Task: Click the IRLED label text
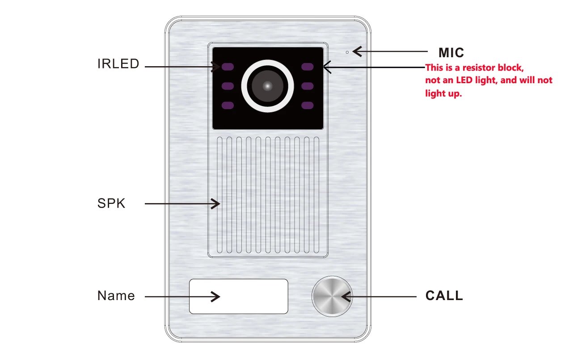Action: pos(118,64)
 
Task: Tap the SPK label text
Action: pos(111,203)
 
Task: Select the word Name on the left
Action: pos(116,296)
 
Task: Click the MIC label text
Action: pos(451,53)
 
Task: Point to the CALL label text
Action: pos(444,296)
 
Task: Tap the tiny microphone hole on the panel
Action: pos(347,52)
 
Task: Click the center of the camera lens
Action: pos(267,86)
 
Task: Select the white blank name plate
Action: pos(238,296)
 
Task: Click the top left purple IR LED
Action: pos(228,67)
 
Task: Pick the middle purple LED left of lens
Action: pos(228,86)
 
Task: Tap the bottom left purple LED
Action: pos(228,106)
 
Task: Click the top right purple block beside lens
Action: pos(308,67)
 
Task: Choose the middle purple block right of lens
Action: pos(308,86)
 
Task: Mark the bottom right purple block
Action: pos(308,106)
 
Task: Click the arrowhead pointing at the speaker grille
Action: pos(216,204)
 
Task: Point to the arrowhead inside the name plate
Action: pos(216,296)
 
